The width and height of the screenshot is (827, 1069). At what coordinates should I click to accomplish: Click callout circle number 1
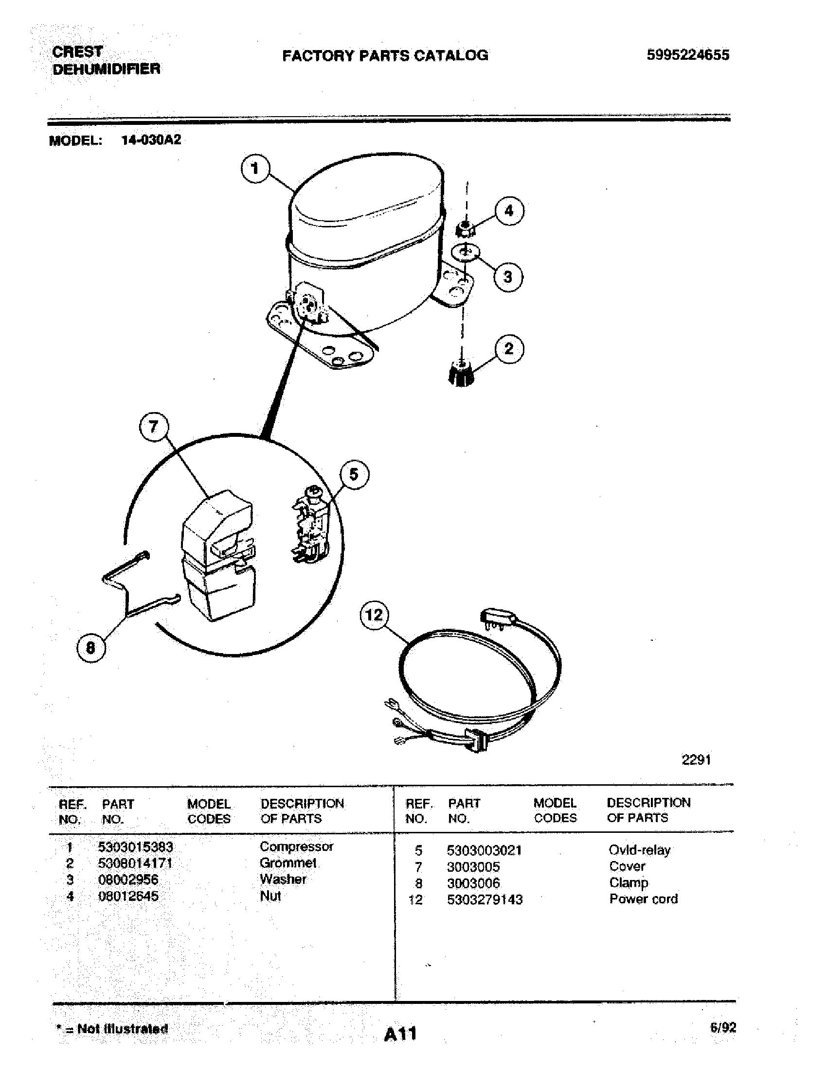click(x=255, y=169)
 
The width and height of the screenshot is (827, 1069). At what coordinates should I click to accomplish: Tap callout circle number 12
click(x=374, y=615)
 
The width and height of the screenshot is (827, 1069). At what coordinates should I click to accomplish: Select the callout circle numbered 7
click(x=154, y=427)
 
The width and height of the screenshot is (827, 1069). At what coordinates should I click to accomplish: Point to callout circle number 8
click(x=91, y=648)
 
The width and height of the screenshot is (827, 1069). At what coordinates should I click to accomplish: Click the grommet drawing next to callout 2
click(x=461, y=373)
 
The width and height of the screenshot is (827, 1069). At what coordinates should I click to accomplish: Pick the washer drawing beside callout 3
click(x=465, y=253)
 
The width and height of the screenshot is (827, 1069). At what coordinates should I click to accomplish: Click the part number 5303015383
click(x=136, y=847)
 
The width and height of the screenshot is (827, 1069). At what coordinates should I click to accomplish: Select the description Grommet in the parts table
click(x=288, y=863)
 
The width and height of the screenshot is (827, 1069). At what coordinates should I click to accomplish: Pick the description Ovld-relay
click(x=639, y=850)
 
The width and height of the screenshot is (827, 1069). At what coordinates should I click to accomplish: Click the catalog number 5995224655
click(x=687, y=55)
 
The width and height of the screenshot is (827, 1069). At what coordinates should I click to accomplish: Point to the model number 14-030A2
click(x=151, y=140)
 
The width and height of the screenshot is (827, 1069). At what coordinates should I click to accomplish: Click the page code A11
click(x=400, y=1034)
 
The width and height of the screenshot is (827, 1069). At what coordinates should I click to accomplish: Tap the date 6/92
click(x=722, y=1027)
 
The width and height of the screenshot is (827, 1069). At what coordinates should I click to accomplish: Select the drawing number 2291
click(x=696, y=759)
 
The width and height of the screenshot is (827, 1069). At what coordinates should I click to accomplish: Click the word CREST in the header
click(x=77, y=52)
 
